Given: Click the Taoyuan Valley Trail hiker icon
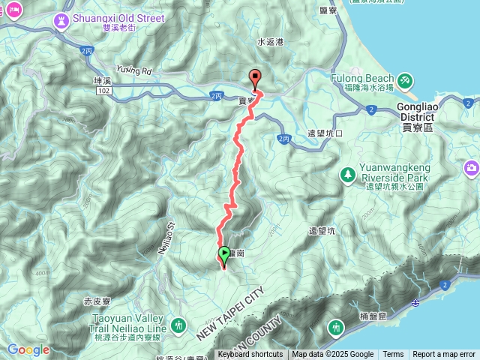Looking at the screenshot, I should tap(178, 325).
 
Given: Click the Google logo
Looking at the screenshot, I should tap(28, 349).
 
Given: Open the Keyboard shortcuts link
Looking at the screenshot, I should tap(250, 355).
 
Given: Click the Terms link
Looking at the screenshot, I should tap(393, 355).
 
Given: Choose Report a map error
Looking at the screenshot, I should tap(444, 355).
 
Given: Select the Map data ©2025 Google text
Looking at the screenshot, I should tap(333, 355).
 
